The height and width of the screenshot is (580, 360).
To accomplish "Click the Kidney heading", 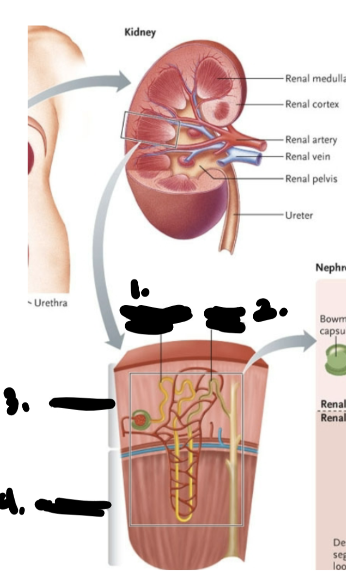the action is pyautogui.click(x=140, y=33).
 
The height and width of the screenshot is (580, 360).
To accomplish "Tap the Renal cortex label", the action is pyautogui.click(x=312, y=104).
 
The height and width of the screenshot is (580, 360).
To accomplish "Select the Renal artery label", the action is pyautogui.click(x=311, y=140).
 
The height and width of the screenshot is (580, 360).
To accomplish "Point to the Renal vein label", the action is pyautogui.click(x=308, y=156).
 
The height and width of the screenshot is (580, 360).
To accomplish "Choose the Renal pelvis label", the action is pyautogui.click(x=311, y=178).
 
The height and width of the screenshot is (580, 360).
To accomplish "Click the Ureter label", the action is pyautogui.click(x=299, y=215).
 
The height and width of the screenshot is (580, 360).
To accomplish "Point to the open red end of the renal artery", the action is pyautogui.click(x=264, y=144).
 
